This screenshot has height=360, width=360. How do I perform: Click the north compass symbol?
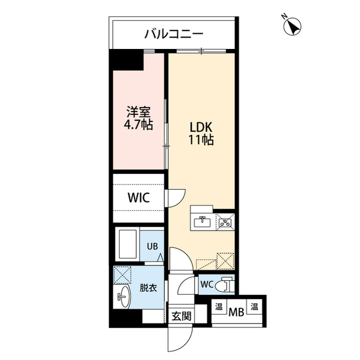coord(292,26)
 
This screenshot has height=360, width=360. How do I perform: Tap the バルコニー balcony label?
coord(174,34)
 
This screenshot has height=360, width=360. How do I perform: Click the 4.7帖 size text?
coord(138,125)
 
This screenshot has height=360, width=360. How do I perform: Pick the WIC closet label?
coord(138,198)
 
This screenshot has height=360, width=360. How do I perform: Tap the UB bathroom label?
coord(152,246)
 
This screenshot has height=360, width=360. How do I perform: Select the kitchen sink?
coord(201,221)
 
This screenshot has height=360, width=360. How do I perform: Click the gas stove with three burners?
coord(226,222)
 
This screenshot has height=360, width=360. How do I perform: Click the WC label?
coord(206,285)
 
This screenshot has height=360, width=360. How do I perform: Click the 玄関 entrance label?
coord(181,316)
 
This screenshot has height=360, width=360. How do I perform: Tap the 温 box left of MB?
coord(218,308)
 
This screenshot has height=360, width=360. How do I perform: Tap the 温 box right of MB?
coord(255,308)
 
